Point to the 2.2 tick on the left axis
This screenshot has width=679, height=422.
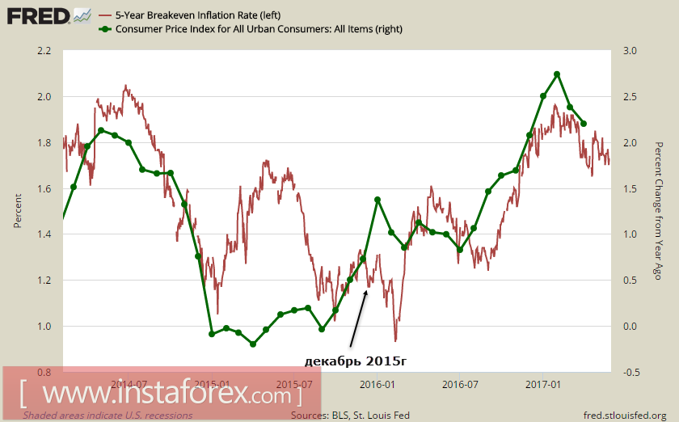pyautogui.click(x=44, y=51)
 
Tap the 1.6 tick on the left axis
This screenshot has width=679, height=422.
pyautogui.click(x=44, y=189)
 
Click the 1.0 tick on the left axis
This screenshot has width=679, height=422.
pyautogui.click(x=44, y=327)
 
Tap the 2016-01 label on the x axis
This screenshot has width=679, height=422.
pyautogui.click(x=377, y=384)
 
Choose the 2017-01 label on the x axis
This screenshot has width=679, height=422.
pyautogui.click(x=544, y=384)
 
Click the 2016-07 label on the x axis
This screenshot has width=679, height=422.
pyautogui.click(x=461, y=384)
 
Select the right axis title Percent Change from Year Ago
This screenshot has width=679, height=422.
pyautogui.click(x=659, y=212)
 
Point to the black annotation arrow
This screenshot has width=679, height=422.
pyautogui.click(x=357, y=319)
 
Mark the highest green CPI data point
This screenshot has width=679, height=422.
pyautogui.click(x=557, y=74)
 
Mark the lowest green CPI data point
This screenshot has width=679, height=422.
pyautogui.click(x=252, y=344)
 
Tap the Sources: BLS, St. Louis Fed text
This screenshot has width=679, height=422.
pyautogui.click(x=350, y=416)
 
